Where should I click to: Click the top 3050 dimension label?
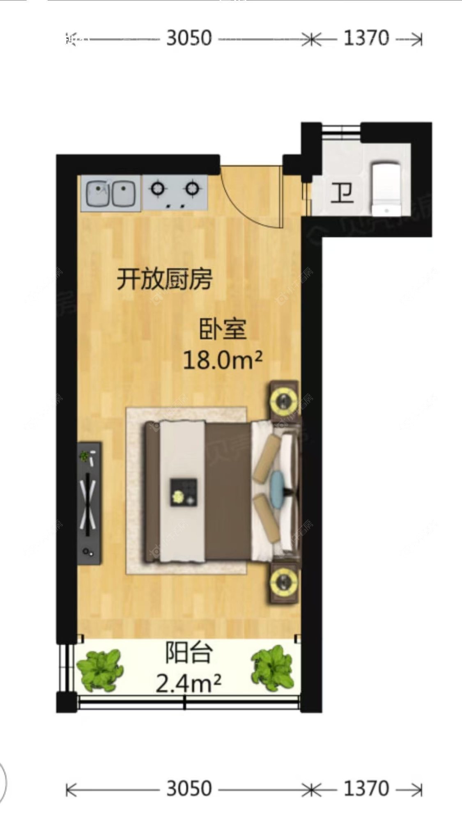pyautogui.click(x=189, y=39)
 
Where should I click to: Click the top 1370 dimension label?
pyautogui.click(x=366, y=39)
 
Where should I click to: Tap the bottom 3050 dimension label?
pyautogui.click(x=189, y=789)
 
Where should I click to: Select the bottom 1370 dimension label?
pyautogui.click(x=366, y=789)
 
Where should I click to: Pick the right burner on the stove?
pyautogui.click(x=191, y=189)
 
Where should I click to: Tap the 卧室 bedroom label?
pyautogui.click(x=223, y=329)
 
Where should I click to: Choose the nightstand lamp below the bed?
pyautogui.click(x=284, y=581)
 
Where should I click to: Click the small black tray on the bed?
pyautogui.click(x=184, y=492)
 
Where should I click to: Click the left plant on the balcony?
pyautogui.click(x=100, y=668)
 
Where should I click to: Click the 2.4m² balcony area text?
pyautogui.click(x=188, y=683)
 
